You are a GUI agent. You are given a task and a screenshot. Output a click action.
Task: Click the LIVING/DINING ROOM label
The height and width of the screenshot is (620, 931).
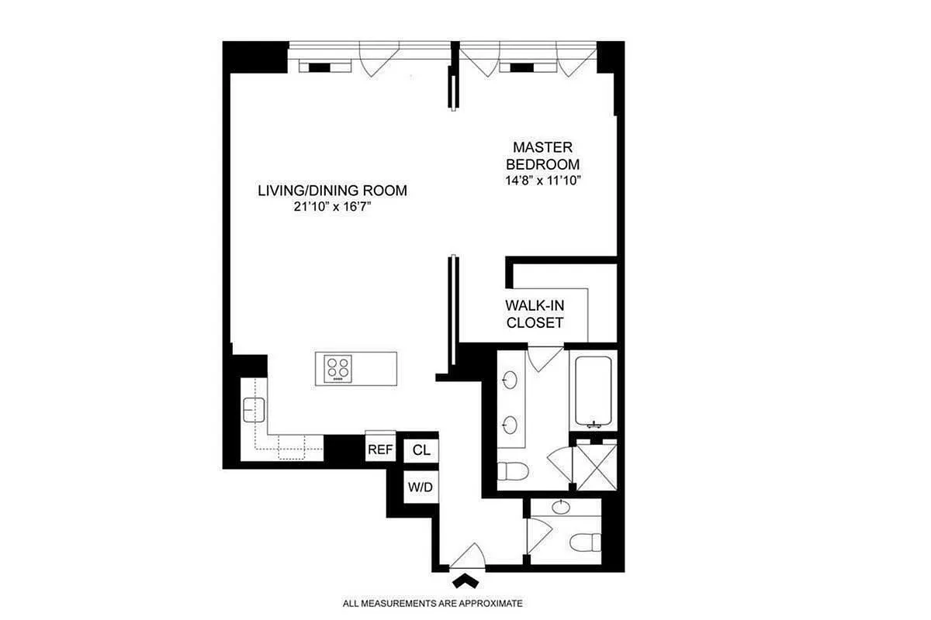332,191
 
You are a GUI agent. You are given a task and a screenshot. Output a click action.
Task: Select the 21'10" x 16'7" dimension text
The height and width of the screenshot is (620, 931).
332,208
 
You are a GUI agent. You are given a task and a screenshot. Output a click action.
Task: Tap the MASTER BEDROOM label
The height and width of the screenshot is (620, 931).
542,155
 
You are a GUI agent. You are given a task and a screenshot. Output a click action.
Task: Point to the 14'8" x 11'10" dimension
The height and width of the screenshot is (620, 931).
542,181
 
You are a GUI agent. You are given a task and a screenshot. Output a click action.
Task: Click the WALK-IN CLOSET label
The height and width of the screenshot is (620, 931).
535,314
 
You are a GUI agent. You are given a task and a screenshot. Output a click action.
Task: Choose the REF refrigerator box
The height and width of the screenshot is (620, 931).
380,449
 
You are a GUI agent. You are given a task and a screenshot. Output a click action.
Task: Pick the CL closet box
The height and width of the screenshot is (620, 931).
421,449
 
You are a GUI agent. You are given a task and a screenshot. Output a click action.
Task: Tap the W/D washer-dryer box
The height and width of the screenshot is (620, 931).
421,487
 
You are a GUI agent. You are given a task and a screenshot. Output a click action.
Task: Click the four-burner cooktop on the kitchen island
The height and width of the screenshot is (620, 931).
337,367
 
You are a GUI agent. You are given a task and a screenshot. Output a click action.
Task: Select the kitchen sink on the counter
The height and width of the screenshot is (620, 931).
254,408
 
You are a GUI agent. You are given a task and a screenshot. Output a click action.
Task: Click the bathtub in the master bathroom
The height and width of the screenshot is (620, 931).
594,390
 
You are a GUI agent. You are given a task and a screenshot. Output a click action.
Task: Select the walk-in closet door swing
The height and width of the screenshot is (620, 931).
546,356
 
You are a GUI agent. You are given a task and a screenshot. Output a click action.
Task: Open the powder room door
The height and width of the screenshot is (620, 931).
538,534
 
